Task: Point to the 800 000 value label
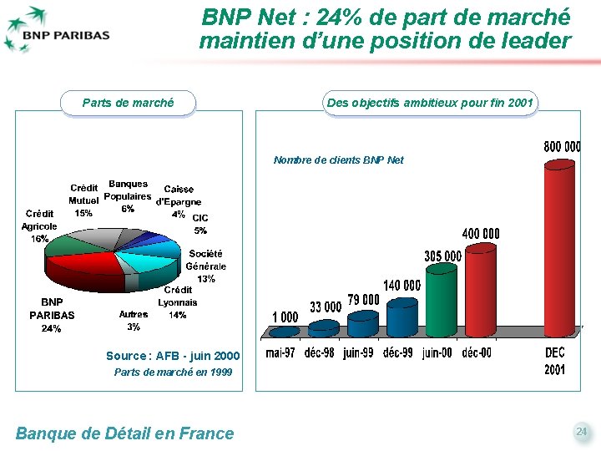[562, 146]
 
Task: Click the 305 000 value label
[442, 256]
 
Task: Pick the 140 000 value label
[402, 286]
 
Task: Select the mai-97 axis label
[280, 353]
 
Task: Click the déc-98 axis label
[321, 353]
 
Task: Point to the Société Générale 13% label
[205, 266]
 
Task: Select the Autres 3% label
[134, 321]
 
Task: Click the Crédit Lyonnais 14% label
[177, 302]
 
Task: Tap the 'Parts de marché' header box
[128, 103]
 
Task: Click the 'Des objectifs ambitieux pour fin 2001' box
[430, 103]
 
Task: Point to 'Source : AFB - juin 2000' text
[172, 356]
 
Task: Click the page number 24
[581, 432]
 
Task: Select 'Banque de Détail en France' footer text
[125, 433]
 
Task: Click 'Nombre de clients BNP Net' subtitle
[338, 160]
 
